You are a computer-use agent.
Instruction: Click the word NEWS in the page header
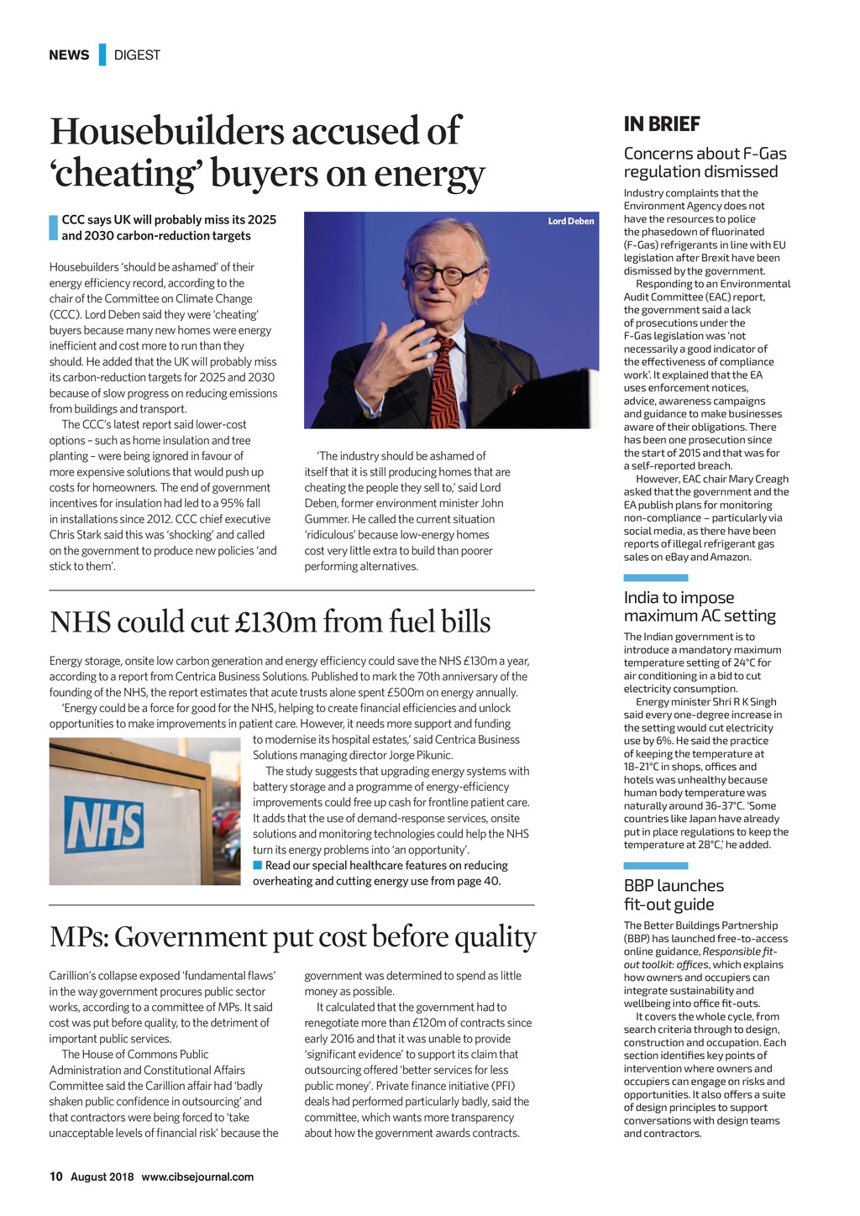pos(69,55)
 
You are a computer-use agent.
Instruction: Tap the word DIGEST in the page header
pos(137,55)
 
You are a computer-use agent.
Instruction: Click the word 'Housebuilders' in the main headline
pos(158,132)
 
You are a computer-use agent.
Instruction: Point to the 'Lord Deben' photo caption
pos(570,221)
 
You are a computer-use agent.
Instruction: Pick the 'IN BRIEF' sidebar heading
pos(662,124)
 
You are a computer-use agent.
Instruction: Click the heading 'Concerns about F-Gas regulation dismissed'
pos(705,162)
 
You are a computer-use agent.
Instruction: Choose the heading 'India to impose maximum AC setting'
pos(699,606)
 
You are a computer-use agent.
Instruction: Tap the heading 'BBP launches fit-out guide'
pos(673,894)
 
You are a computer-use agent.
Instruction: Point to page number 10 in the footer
pos(55,1177)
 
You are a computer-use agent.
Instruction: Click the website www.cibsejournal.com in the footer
pos(197,1177)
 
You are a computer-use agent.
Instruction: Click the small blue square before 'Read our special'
pos(258,865)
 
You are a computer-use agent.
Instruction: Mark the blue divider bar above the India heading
pos(655,578)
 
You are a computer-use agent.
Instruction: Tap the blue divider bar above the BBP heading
pos(655,866)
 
